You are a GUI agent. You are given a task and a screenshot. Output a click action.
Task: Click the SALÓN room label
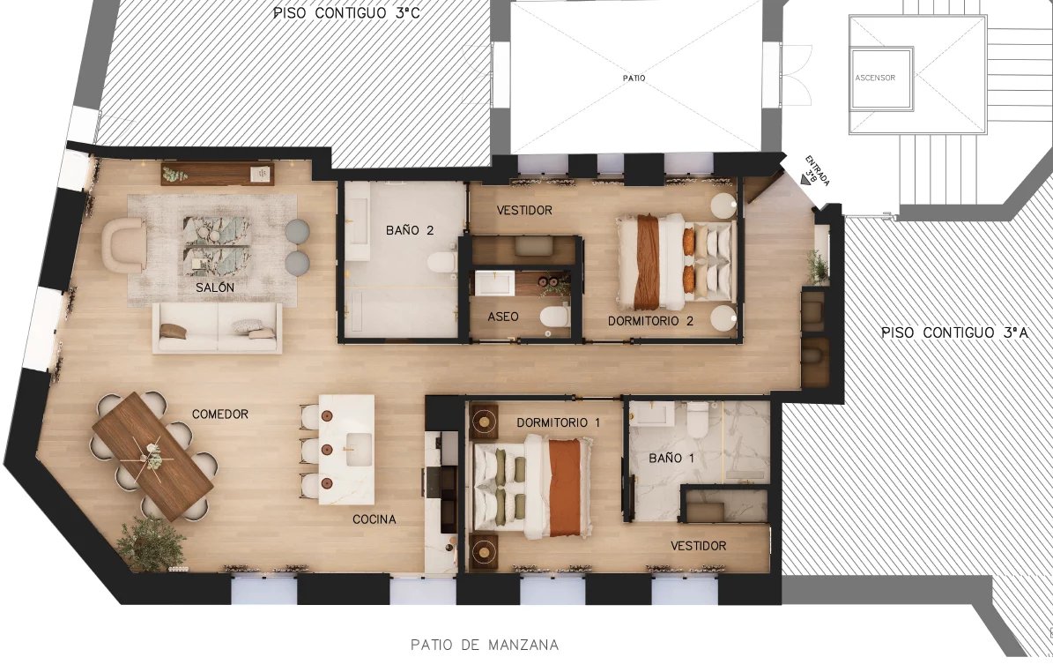(x=215, y=287)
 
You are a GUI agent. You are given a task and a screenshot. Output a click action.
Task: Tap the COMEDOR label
(x=220, y=414)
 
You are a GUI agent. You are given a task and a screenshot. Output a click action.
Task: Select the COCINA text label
(x=374, y=519)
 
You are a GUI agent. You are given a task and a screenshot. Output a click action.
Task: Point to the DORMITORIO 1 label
(x=558, y=422)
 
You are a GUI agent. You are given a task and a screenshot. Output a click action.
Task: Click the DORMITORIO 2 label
(x=650, y=321)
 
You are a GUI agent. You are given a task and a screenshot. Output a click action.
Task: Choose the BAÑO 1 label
(x=671, y=459)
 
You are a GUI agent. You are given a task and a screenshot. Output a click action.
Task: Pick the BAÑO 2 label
(x=410, y=230)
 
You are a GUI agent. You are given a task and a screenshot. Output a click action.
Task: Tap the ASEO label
(x=503, y=317)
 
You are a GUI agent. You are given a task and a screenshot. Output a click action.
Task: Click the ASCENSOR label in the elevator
(x=875, y=78)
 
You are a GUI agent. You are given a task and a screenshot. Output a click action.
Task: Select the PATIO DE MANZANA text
(x=484, y=646)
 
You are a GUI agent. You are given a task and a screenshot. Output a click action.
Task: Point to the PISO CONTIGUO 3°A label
(x=955, y=332)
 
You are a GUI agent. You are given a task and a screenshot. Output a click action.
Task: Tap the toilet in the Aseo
(x=555, y=315)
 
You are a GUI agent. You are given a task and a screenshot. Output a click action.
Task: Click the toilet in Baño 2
(x=441, y=261)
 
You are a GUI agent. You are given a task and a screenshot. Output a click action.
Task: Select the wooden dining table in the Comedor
(x=153, y=457)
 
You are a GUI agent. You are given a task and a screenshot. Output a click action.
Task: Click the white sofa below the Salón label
(x=219, y=327)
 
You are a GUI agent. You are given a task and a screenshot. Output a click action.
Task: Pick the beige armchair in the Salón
(x=124, y=244)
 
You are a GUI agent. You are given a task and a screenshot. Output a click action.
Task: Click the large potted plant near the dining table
(x=151, y=543)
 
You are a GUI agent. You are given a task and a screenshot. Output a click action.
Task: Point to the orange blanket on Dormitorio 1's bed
(x=564, y=487)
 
